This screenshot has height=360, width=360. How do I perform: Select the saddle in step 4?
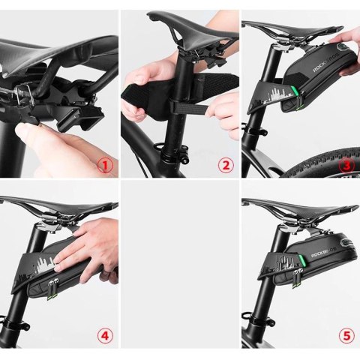(x=45, y=206)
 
